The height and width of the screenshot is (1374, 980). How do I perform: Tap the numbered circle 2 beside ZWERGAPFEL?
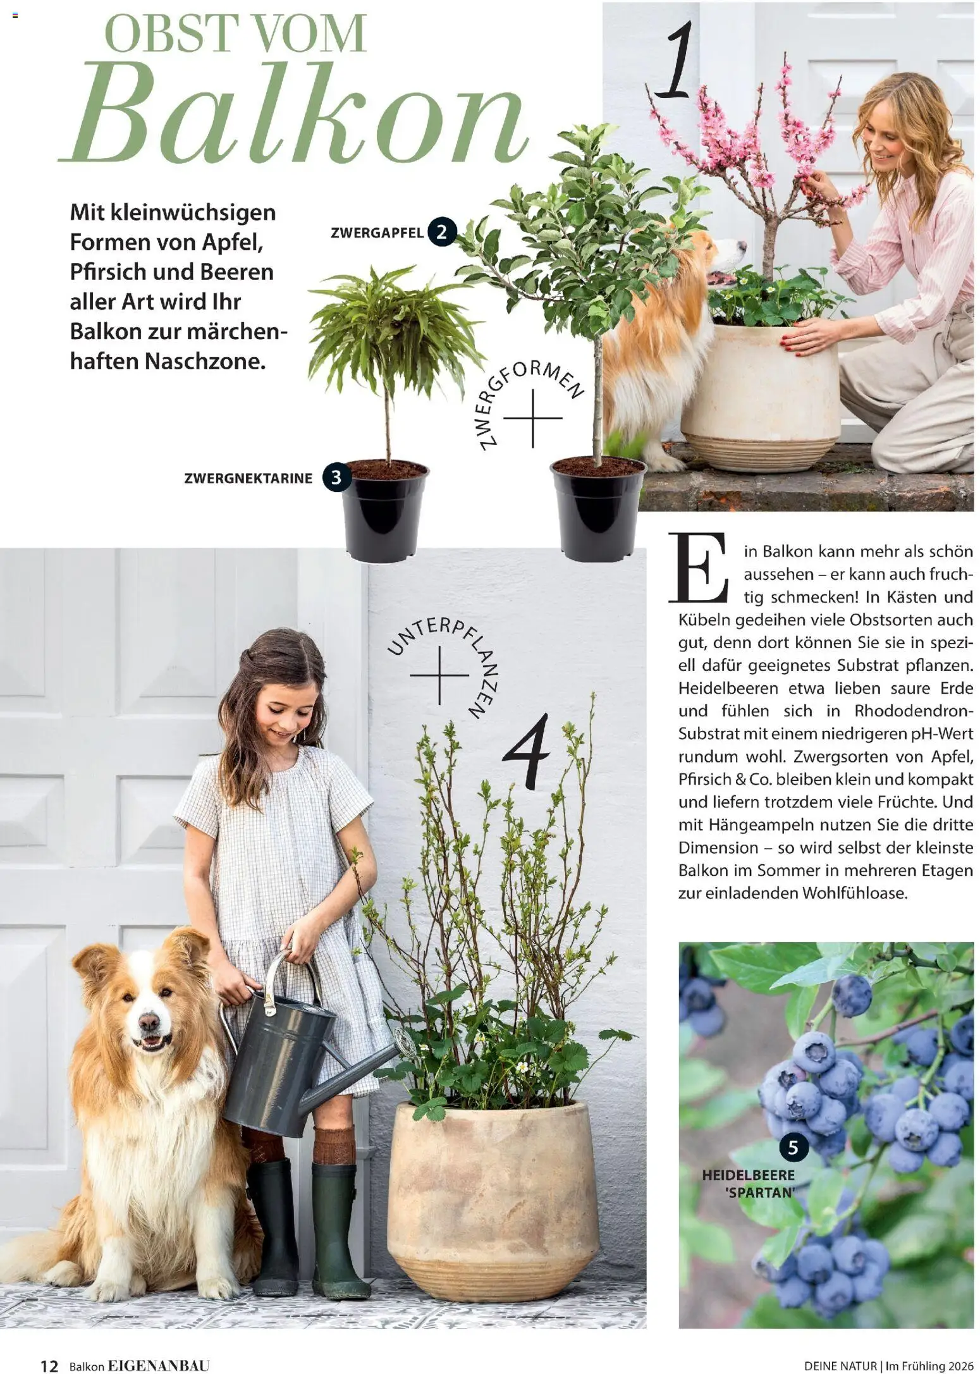pos(441,232)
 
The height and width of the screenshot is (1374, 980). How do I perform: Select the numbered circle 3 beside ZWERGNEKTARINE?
pos(336,477)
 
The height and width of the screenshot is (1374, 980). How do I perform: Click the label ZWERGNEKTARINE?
pos(248,479)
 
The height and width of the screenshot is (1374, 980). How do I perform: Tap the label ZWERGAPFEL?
pos(377,233)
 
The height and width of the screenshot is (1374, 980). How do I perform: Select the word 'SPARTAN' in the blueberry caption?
pos(759,1193)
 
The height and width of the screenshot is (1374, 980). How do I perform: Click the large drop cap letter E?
pos(699,568)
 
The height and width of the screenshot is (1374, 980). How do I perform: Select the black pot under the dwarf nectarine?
pos(384,512)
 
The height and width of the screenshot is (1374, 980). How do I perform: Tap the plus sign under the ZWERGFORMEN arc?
pos(532,418)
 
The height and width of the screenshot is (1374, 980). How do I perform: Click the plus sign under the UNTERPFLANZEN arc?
pos(439,675)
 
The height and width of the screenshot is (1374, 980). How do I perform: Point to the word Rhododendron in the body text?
pos(910,711)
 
